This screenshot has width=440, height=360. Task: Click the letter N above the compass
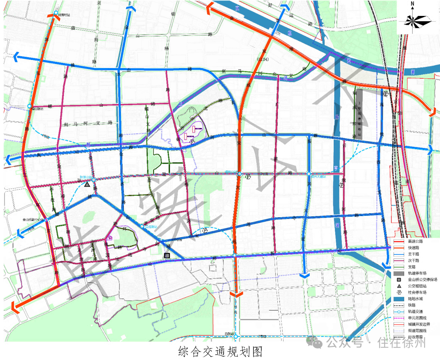(x=412, y=5)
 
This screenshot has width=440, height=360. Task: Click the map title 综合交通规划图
(x=220, y=351)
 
